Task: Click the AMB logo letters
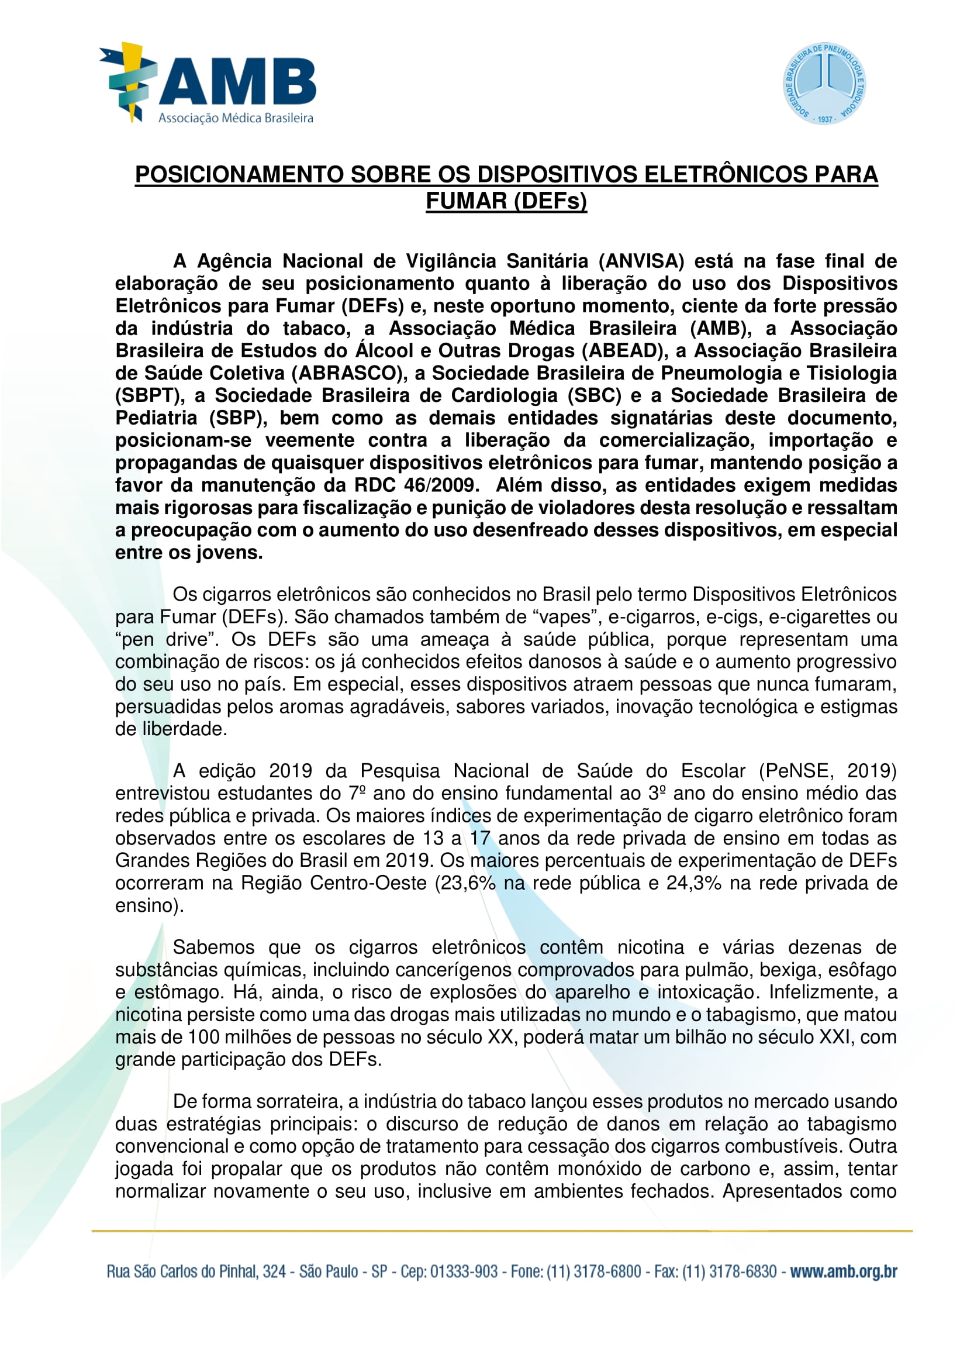pos(237,82)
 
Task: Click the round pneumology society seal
pos(824,84)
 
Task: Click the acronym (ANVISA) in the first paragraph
pos(641,261)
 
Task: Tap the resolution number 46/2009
pos(441,485)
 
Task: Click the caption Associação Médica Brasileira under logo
pos(236,118)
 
